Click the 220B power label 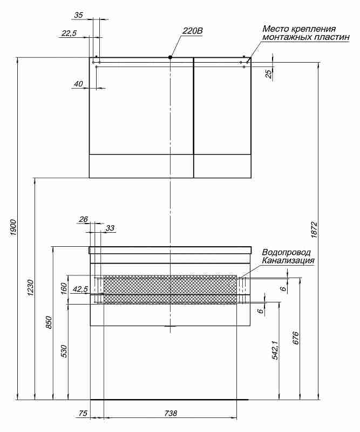(x=192, y=31)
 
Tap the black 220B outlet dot (x=170, y=57)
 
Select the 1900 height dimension (x=13, y=228)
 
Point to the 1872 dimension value (x=314, y=230)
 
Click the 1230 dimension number (x=31, y=287)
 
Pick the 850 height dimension (x=49, y=322)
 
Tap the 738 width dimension (x=171, y=413)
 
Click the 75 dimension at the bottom (x=83, y=413)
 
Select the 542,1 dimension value (x=275, y=350)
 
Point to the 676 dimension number (x=295, y=338)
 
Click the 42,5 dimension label (x=80, y=289)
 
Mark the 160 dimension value (x=64, y=288)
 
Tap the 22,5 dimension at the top (x=69, y=33)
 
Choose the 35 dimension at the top (x=78, y=15)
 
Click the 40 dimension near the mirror (x=78, y=84)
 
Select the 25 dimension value (x=269, y=73)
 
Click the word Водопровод (x=287, y=252)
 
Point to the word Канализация (x=288, y=260)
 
